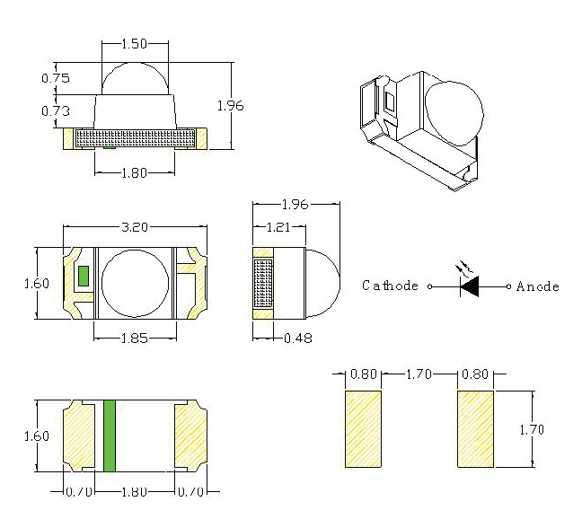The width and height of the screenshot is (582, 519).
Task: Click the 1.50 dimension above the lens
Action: click(134, 43)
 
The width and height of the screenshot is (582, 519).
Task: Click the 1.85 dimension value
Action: click(134, 338)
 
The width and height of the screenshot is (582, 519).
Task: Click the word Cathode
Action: click(390, 286)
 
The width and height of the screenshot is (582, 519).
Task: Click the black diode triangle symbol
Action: click(469, 286)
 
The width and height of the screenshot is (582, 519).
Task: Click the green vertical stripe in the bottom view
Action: click(110, 435)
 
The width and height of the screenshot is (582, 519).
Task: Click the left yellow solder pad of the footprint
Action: click(364, 428)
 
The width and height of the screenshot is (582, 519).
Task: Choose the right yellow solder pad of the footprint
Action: click(476, 428)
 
